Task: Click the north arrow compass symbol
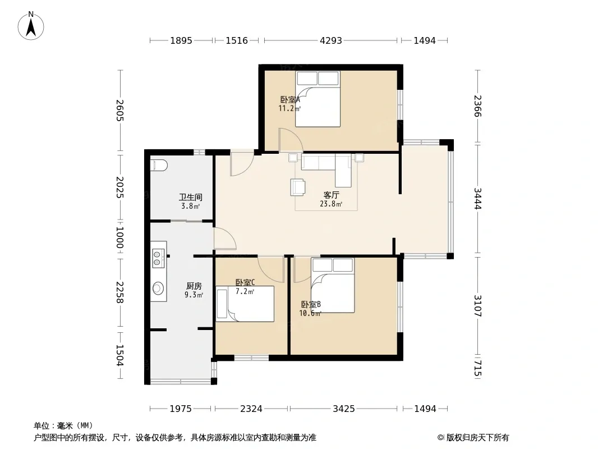pyautogui.click(x=31, y=26)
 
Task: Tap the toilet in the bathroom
pyautogui.click(x=159, y=165)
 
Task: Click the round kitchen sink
pyautogui.click(x=158, y=288)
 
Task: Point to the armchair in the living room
pyautogui.click(x=297, y=187)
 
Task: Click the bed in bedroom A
pyautogui.click(x=318, y=99)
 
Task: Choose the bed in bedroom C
pyautogui.click(x=245, y=304)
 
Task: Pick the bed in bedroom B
pyautogui.click(x=333, y=285)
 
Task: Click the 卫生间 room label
pyautogui.click(x=191, y=197)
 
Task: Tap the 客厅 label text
pyautogui.click(x=331, y=195)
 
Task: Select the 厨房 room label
pyautogui.click(x=194, y=286)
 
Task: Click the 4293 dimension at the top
pyautogui.click(x=330, y=40)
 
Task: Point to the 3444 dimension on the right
pyautogui.click(x=477, y=198)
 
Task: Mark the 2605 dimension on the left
pyautogui.click(x=119, y=110)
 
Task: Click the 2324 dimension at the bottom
pyautogui.click(x=251, y=409)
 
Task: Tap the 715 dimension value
pyautogui.click(x=477, y=368)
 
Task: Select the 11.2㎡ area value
pyautogui.click(x=289, y=108)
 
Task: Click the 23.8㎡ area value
pyautogui.click(x=331, y=204)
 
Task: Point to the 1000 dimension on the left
pyautogui.click(x=119, y=237)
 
